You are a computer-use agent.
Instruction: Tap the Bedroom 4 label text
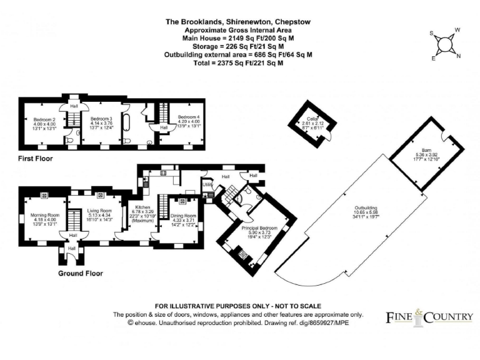pyautogui.click(x=188, y=117)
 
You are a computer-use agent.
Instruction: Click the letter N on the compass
pyautogui.click(x=458, y=56)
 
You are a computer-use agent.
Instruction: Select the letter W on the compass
pyautogui.click(x=457, y=30)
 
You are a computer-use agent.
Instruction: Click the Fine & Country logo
pyautogui.click(x=428, y=317)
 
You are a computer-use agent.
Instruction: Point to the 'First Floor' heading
pyautogui.click(x=36, y=159)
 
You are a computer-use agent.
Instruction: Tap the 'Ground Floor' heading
pyautogui.click(x=80, y=273)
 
